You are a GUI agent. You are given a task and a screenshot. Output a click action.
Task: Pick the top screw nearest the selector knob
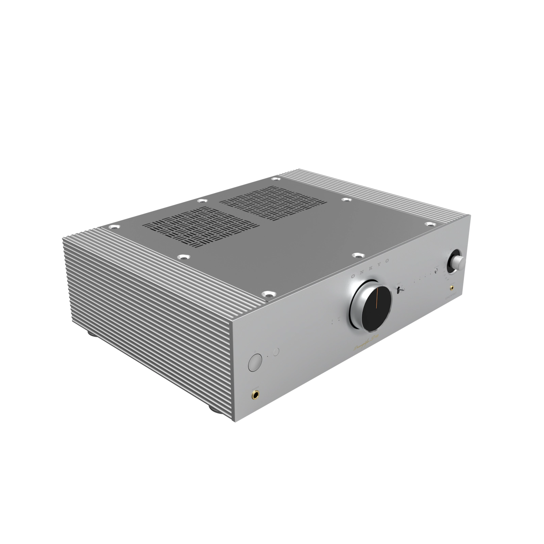pyautogui.click(x=430, y=224)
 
